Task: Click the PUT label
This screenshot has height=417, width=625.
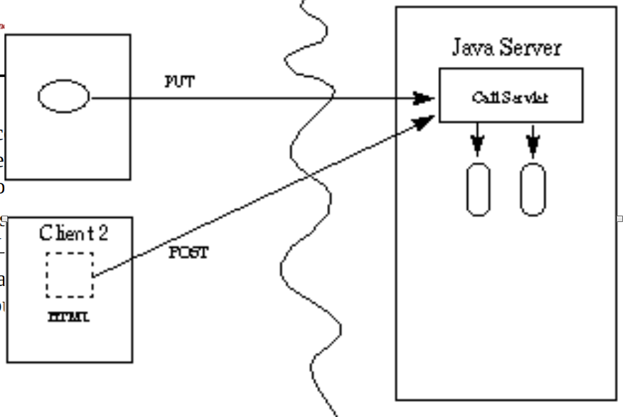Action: click(179, 82)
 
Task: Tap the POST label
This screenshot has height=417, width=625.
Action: click(188, 253)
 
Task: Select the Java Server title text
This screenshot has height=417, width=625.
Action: click(506, 48)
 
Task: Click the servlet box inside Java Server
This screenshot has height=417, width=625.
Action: click(511, 95)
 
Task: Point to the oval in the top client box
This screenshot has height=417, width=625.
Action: click(64, 97)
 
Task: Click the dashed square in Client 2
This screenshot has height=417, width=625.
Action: click(70, 274)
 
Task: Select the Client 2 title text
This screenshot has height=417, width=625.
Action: click(74, 232)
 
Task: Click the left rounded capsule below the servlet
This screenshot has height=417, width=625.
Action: click(478, 189)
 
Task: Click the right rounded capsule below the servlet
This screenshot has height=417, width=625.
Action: click(533, 189)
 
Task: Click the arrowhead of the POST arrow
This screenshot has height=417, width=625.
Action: click(425, 122)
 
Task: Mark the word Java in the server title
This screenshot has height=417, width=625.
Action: click(474, 48)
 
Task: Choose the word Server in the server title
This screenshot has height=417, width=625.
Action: click(530, 48)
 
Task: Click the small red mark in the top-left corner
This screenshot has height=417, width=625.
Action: click(2, 26)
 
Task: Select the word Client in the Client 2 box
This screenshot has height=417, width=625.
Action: click(65, 232)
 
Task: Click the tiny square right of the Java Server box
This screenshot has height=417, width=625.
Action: click(620, 218)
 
